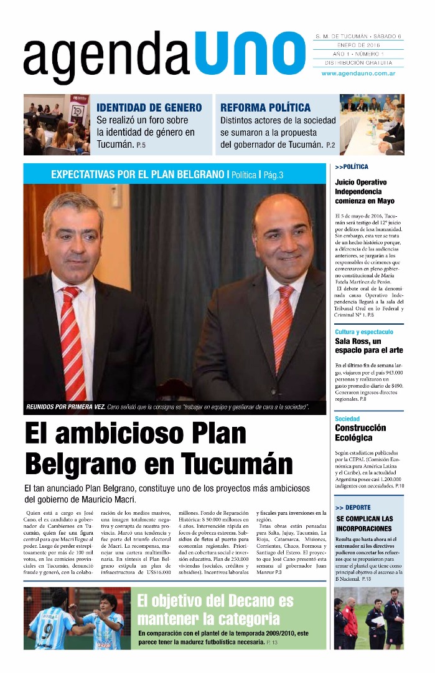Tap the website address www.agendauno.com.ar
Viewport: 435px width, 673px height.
tap(359, 74)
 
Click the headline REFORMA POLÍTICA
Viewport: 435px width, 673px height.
tap(265, 108)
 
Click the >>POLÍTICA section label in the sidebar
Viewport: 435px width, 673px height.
tap(352, 167)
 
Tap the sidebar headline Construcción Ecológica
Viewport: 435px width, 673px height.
tap(360, 432)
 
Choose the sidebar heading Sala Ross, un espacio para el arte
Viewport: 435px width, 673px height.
tap(368, 346)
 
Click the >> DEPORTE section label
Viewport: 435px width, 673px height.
tap(352, 507)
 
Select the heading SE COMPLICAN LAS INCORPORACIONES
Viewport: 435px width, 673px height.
tap(365, 523)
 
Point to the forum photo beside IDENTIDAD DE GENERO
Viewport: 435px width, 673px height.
tap(57, 125)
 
